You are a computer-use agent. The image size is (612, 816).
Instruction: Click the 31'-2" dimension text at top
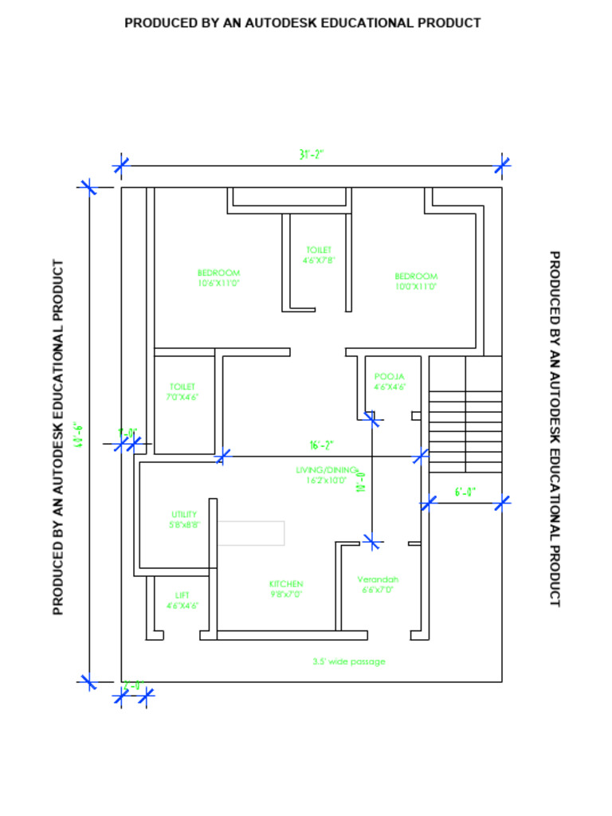pyautogui.click(x=312, y=155)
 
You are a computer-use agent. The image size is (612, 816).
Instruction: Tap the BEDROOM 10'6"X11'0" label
pyautogui.click(x=218, y=277)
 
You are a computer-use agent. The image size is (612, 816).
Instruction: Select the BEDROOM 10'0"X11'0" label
pyautogui.click(x=416, y=281)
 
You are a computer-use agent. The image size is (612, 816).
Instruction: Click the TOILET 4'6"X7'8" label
pyautogui.click(x=319, y=255)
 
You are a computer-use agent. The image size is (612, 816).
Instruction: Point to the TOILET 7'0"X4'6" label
pyautogui.click(x=182, y=391)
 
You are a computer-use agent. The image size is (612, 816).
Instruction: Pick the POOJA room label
pyautogui.click(x=390, y=382)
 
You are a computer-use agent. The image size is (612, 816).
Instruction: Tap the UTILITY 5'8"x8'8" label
pyautogui.click(x=184, y=520)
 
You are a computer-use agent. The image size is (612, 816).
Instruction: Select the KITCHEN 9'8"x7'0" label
pyautogui.click(x=286, y=589)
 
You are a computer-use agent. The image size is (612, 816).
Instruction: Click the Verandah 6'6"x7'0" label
pyautogui.click(x=378, y=585)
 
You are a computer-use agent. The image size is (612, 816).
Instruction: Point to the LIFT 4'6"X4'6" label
pyautogui.click(x=182, y=600)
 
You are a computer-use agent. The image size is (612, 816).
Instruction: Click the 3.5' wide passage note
pyautogui.click(x=349, y=661)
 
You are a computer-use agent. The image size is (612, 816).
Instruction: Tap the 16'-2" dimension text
pyautogui.click(x=321, y=445)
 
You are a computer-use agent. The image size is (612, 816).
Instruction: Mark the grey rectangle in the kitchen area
pyautogui.click(x=251, y=533)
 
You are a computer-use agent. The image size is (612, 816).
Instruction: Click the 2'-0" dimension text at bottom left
pyautogui.click(x=132, y=685)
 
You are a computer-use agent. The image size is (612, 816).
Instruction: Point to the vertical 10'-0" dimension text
pyautogui.click(x=361, y=481)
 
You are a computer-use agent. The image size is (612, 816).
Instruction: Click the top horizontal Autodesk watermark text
pyautogui.click(x=303, y=23)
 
